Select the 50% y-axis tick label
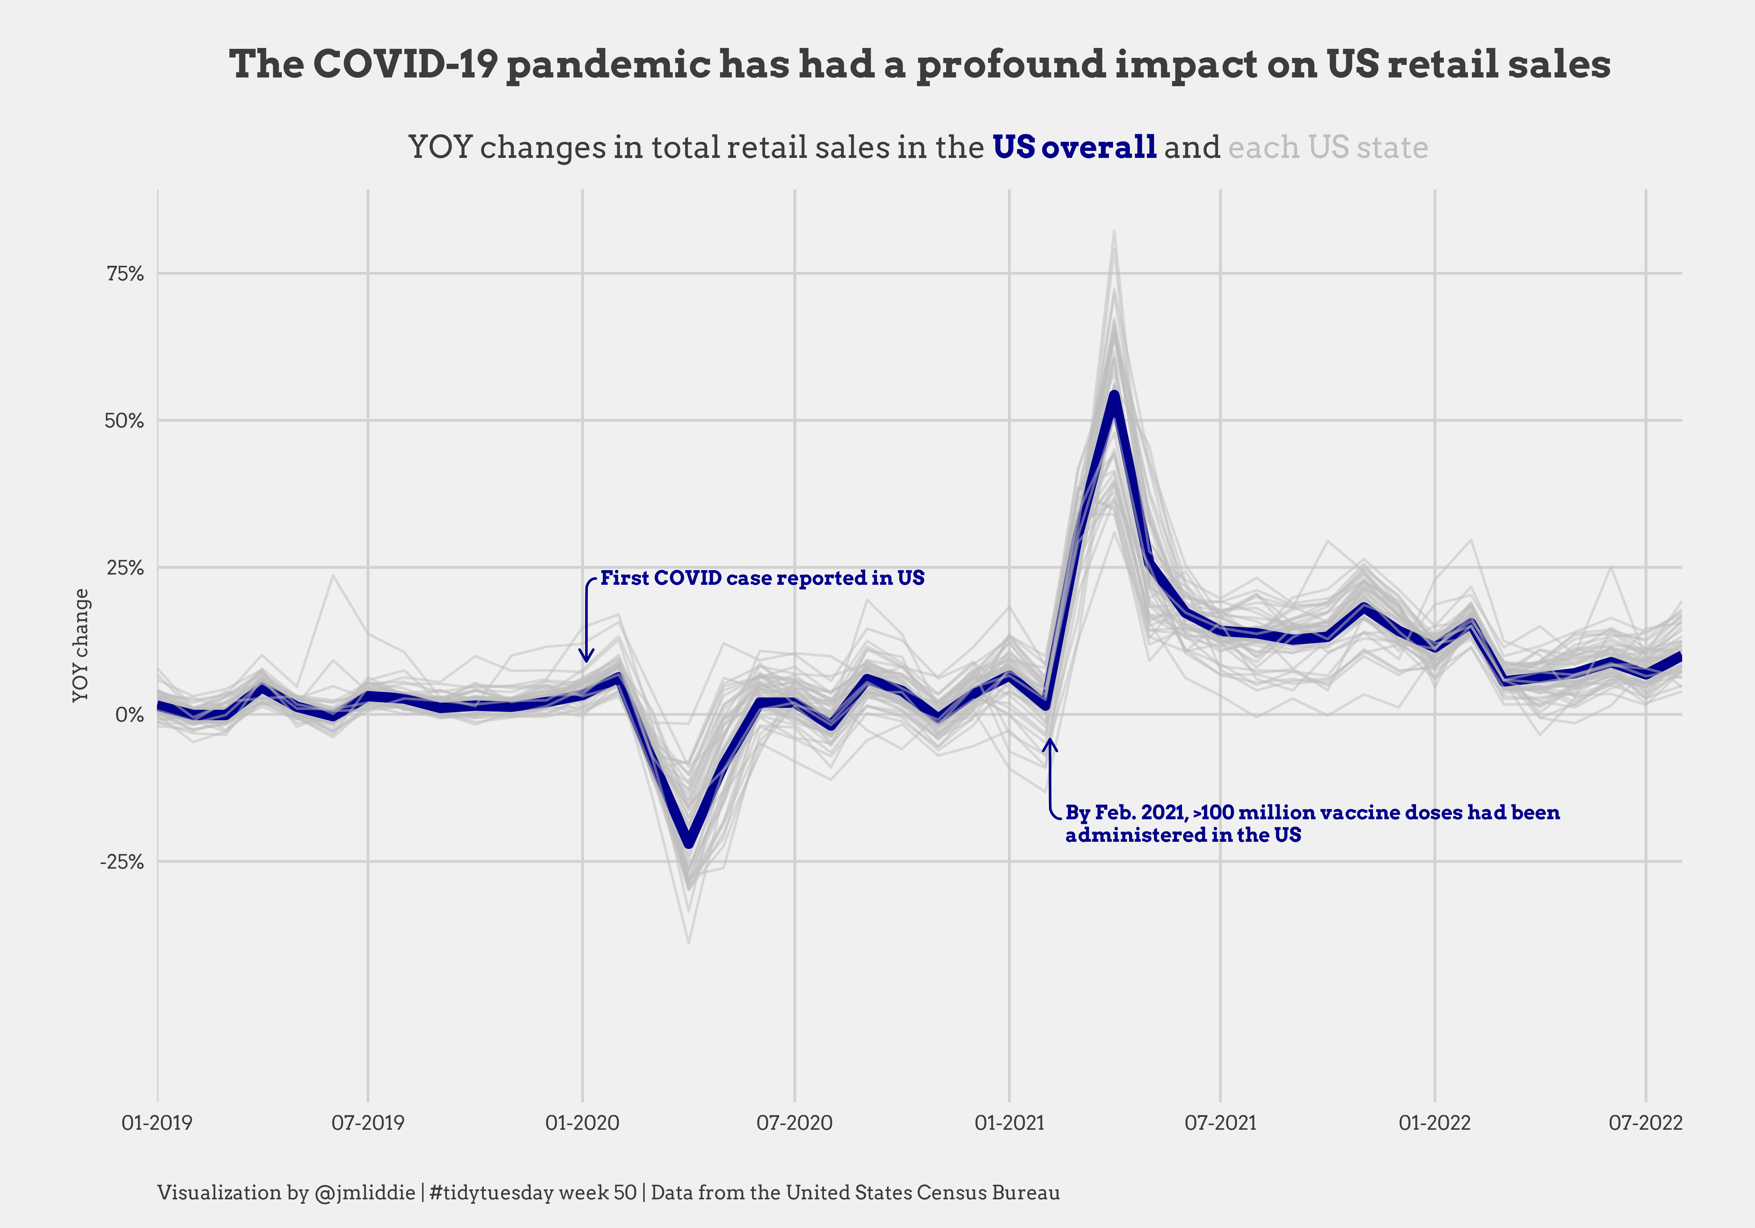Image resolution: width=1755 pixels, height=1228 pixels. [x=124, y=421]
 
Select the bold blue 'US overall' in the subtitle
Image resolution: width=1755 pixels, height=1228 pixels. [x=1074, y=147]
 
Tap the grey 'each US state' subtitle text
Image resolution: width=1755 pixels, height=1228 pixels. [x=1328, y=147]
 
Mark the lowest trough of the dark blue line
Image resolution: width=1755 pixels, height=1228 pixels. [x=689, y=843]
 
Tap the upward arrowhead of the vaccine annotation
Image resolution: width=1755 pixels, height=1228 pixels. [x=1051, y=741]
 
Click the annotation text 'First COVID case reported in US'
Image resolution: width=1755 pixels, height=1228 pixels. [x=762, y=578]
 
